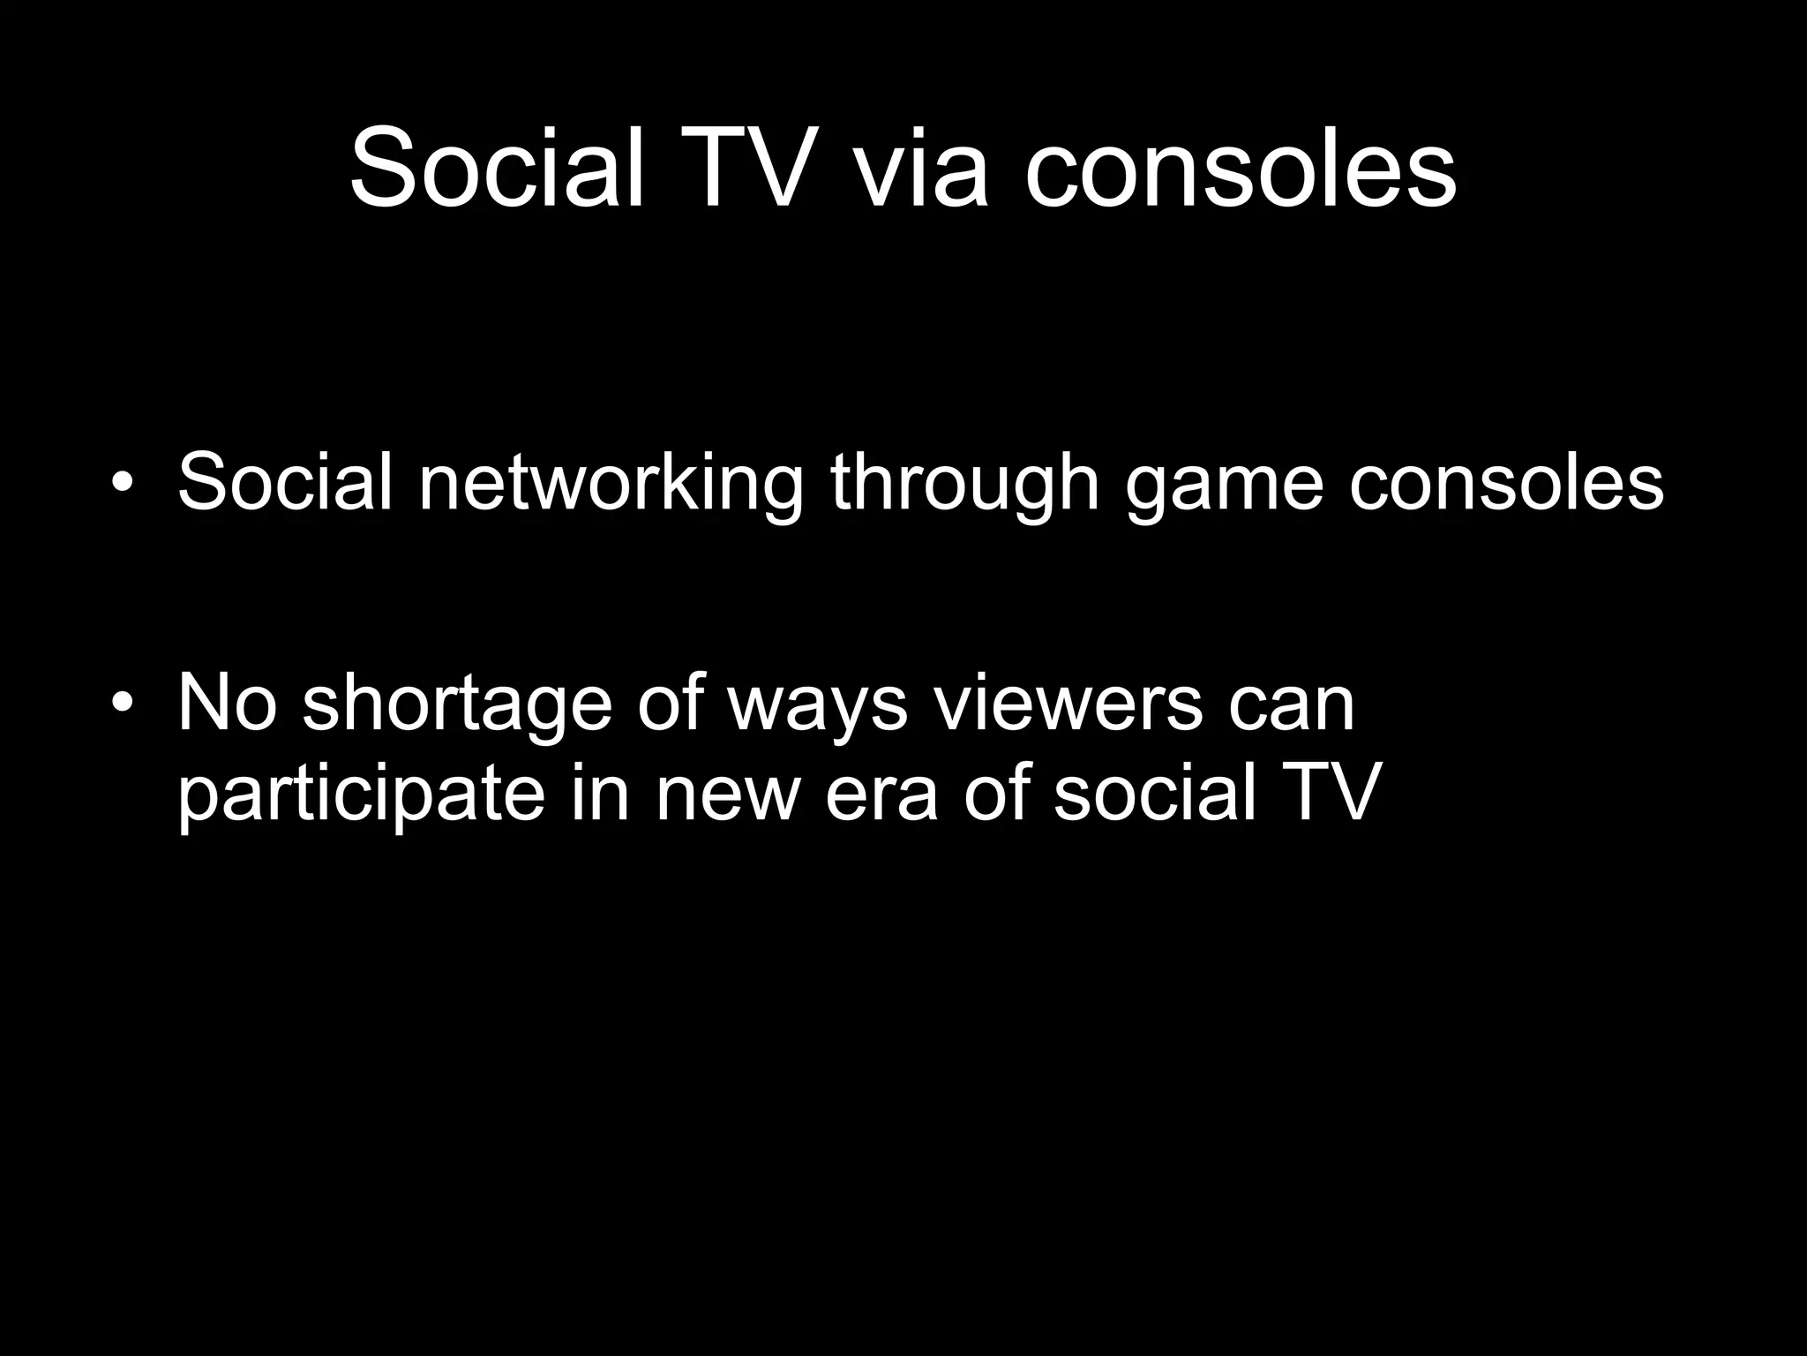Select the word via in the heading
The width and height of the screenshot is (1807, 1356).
tap(918, 168)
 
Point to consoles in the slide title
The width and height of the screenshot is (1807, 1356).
tap(1240, 168)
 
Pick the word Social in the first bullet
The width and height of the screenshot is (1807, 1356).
tap(284, 483)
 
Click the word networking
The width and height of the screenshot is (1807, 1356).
tap(611, 483)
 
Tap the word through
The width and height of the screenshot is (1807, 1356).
tap(964, 483)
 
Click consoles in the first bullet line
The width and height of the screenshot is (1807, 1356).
tap(1505, 483)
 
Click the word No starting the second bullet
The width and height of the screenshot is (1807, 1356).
tap(228, 704)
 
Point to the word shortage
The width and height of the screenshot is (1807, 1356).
tap(457, 704)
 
